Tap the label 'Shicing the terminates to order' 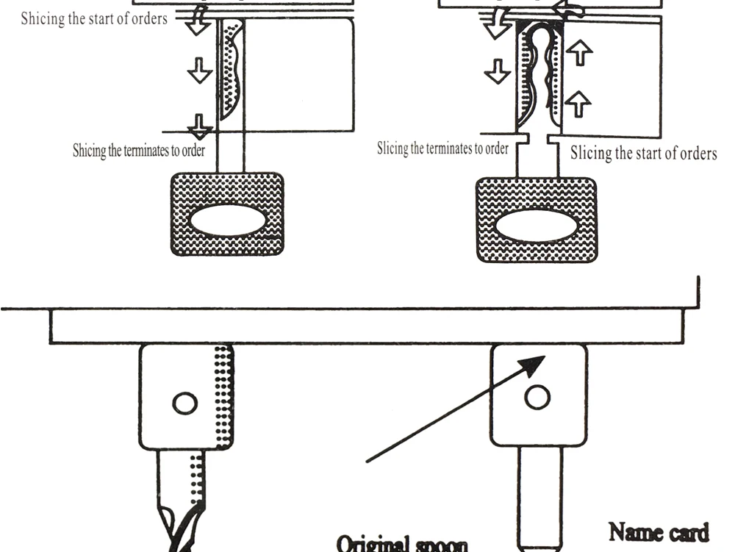(138, 151)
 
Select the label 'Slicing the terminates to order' (442, 148)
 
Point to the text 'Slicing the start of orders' (643, 154)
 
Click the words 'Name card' (659, 531)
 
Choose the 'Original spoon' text (402, 545)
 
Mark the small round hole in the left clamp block (184, 403)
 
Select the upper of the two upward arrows (580, 54)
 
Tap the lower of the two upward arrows (580, 104)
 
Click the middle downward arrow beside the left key (199, 71)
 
